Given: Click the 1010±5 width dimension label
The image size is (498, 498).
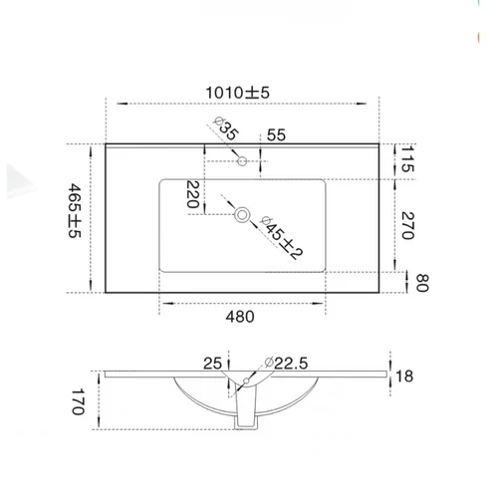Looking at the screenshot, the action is point(238,93).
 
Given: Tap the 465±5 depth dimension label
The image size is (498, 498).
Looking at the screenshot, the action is point(75,211).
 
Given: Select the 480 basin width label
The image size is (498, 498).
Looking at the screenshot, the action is point(240,317).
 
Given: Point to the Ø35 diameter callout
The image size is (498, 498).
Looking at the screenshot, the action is point(226,128).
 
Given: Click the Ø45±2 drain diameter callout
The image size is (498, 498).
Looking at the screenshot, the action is point(282,237).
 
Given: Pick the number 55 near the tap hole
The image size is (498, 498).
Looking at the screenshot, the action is point(276,134).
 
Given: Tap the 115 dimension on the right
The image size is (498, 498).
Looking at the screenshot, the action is point(407,158).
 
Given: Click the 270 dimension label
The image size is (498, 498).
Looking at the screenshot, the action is point(407,225).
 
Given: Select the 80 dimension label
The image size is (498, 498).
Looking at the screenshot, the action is point(422,283).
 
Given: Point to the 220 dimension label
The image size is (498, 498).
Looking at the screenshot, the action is point(193,194).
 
